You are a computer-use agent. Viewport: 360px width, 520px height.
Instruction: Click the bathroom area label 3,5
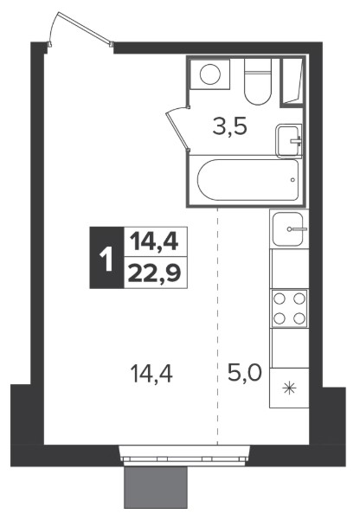(x=230, y=126)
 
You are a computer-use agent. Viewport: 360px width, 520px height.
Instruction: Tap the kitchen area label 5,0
(x=245, y=373)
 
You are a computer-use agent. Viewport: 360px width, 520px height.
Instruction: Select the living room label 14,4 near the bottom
(x=152, y=373)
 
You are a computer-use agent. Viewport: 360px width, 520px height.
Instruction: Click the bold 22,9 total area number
(x=155, y=273)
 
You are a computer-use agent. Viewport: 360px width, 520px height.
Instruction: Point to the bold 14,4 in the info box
(x=154, y=241)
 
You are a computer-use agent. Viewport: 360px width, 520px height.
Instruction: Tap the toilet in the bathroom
(x=258, y=81)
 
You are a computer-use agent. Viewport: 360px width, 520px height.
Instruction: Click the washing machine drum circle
(x=210, y=74)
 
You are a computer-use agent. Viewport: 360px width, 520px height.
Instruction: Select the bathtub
(x=247, y=180)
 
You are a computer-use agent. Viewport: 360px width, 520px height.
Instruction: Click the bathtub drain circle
(x=292, y=180)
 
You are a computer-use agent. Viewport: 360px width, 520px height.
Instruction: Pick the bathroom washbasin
(x=289, y=141)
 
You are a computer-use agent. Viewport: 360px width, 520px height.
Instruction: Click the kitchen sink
(x=289, y=228)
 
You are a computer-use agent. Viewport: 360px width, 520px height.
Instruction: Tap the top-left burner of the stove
(x=279, y=299)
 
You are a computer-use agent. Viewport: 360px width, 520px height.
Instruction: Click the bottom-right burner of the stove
(x=299, y=318)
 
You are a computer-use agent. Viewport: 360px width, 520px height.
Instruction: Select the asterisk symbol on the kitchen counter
(x=290, y=388)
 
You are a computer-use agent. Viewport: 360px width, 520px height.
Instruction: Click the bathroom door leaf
(x=177, y=130)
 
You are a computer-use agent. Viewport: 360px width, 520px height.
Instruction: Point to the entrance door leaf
(x=84, y=28)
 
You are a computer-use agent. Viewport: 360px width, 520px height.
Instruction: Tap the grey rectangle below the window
(x=156, y=487)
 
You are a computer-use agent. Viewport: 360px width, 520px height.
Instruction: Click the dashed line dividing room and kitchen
(x=218, y=326)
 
